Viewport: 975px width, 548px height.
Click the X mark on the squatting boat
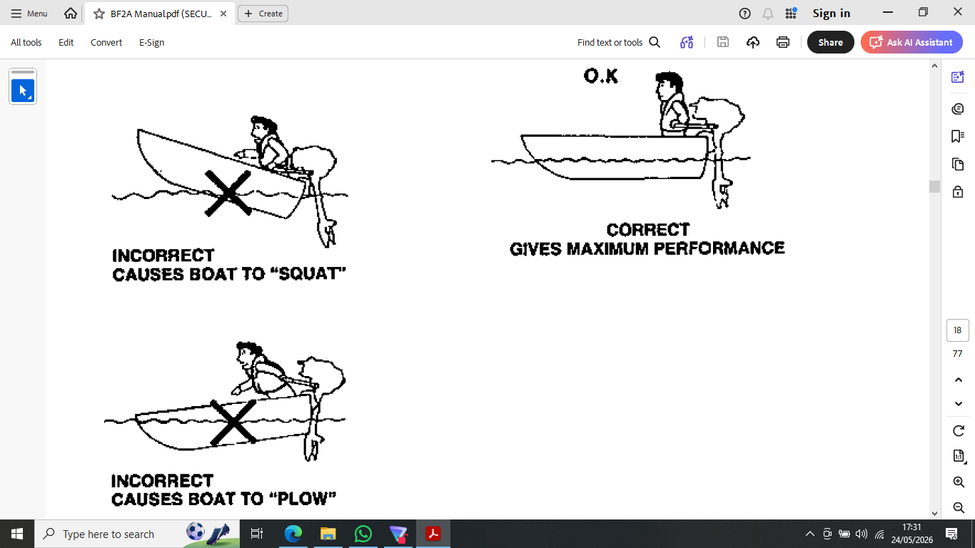228,193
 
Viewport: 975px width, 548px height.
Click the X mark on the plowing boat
233,422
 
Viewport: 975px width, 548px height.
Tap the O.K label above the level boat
601,76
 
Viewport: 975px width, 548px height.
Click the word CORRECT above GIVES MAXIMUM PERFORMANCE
648,229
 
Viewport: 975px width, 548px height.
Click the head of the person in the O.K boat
668,85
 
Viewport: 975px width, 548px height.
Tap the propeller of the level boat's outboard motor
722,196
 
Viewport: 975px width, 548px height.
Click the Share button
831,42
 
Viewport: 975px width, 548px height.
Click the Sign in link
832,14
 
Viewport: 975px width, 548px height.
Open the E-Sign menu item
151,42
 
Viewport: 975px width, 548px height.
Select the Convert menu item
106,42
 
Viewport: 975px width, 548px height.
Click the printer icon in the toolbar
782,42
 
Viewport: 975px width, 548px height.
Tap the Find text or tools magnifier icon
655,42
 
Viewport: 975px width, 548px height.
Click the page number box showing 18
958,330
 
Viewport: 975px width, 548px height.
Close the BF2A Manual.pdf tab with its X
223,14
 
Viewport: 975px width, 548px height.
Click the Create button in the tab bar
263,14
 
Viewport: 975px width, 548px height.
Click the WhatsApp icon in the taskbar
363,534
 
